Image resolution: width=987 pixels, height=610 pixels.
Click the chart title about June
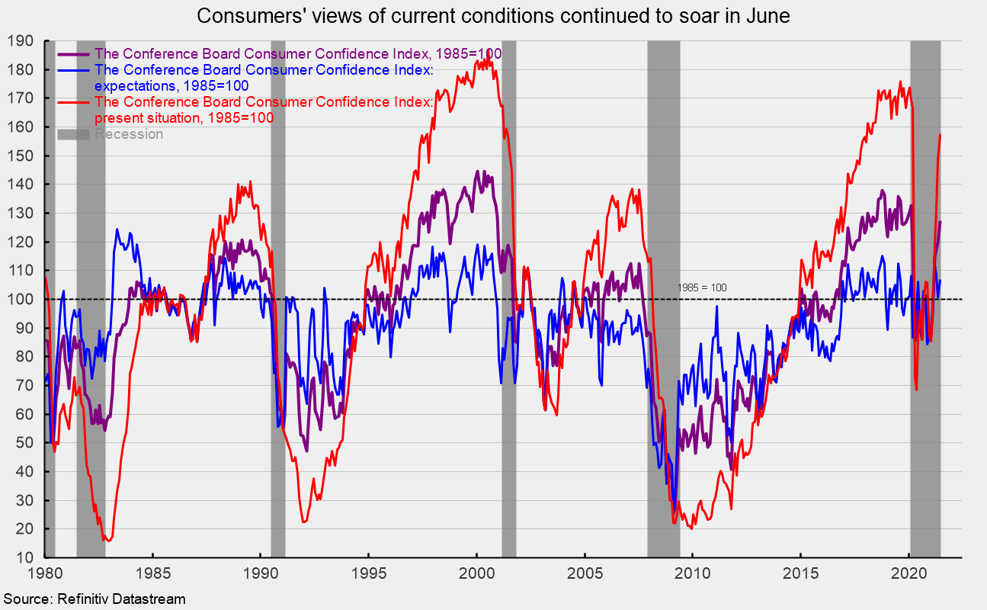(x=493, y=16)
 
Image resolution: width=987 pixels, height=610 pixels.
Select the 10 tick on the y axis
(x=25, y=557)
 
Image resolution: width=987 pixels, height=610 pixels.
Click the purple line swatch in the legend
(x=73, y=54)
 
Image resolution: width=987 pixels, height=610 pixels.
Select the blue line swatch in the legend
(x=73, y=70)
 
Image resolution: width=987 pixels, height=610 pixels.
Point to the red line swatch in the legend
(x=73, y=102)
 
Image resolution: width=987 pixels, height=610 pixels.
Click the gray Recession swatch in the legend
(x=73, y=134)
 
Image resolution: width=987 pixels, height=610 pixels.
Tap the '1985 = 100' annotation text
(x=702, y=287)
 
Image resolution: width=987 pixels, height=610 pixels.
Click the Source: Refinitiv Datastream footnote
(x=93, y=599)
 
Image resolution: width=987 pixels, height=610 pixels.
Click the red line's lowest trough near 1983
(x=107, y=541)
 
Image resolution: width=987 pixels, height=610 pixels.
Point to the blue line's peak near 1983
(x=117, y=229)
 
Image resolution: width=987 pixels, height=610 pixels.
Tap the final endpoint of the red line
(x=941, y=135)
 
